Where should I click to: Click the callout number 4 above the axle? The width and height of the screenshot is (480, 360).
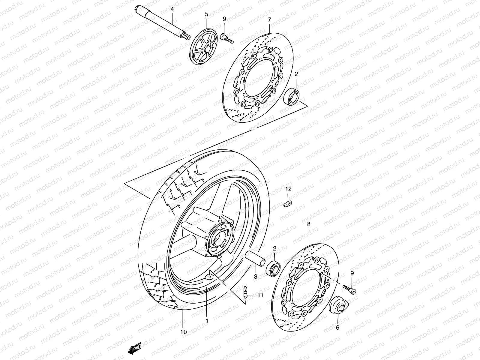pos(172,9)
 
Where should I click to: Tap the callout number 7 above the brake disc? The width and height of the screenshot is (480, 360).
pos(269,19)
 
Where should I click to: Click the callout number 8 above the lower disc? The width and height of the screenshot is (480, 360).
pos(309,224)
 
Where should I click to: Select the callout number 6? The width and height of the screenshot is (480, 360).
pos(337,328)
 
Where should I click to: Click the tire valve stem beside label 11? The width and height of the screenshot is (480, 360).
pos(245,292)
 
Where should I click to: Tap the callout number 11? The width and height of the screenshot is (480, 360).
pos(260,295)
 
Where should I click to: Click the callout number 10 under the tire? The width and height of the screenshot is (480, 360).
pos(183,332)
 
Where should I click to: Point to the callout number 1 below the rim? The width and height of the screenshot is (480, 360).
pos(207,321)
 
